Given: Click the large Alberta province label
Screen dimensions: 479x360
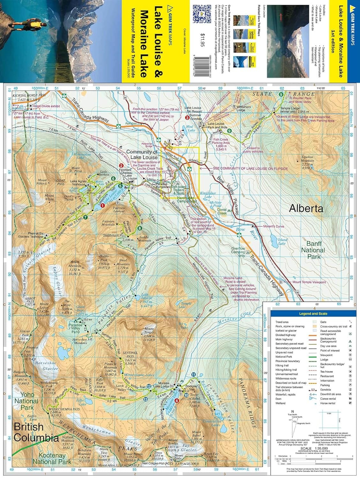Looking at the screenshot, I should click(306, 209).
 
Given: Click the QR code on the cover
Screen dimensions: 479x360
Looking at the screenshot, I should click(202, 13).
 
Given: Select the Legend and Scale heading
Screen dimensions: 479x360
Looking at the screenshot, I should click(313, 314).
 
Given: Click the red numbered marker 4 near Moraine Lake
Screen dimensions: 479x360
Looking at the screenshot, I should click(177, 405).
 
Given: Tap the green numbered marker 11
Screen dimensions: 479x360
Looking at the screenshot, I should click(193, 374).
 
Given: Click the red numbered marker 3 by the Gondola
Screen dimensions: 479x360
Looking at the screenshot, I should click(187, 118).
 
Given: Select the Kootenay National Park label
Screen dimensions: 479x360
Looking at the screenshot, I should click(52, 459).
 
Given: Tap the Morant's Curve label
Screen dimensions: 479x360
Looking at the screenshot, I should click(274, 226).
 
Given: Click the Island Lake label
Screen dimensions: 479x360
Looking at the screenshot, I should click(282, 241).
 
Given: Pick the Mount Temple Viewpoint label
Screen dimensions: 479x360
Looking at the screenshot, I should click(309, 282).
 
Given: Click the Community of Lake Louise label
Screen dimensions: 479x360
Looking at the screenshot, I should click(142, 155).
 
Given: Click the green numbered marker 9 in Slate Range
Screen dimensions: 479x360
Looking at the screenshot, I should click(281, 94).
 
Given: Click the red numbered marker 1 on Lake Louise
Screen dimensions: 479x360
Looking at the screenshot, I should click(103, 206).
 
